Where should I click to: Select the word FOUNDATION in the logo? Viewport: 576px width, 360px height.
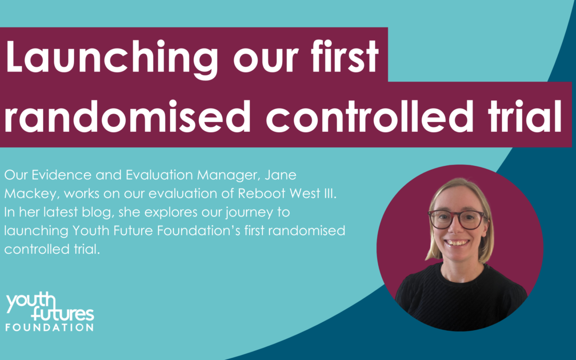pyautogui.click(x=50, y=326)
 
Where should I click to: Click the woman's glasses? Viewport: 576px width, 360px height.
pyautogui.click(x=458, y=219)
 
